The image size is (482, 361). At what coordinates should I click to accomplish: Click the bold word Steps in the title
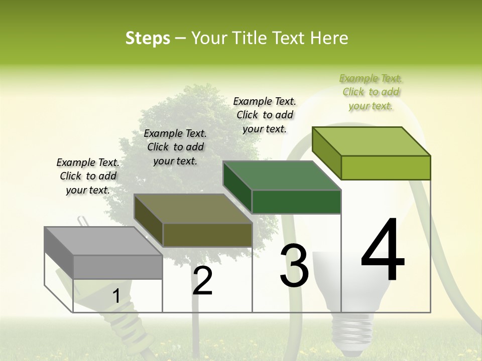(x=148, y=38)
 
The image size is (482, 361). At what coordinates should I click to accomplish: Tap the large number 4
(x=383, y=250)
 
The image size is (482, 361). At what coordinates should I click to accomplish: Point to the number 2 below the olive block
(x=202, y=281)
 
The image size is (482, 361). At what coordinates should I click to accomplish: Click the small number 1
(x=116, y=296)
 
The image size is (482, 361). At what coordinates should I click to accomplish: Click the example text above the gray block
(x=88, y=176)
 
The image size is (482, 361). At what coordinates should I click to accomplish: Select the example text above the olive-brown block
(x=175, y=147)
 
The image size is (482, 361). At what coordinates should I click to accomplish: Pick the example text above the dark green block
(x=265, y=115)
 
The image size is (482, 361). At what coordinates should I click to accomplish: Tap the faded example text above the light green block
(x=371, y=92)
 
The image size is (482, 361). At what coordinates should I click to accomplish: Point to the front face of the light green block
(x=386, y=167)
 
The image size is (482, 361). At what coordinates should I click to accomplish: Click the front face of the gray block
(x=117, y=267)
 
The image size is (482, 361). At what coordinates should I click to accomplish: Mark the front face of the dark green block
(x=296, y=202)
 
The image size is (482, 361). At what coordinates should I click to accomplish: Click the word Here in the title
(x=329, y=38)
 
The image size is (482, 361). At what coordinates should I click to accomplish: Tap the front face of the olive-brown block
(x=207, y=235)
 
